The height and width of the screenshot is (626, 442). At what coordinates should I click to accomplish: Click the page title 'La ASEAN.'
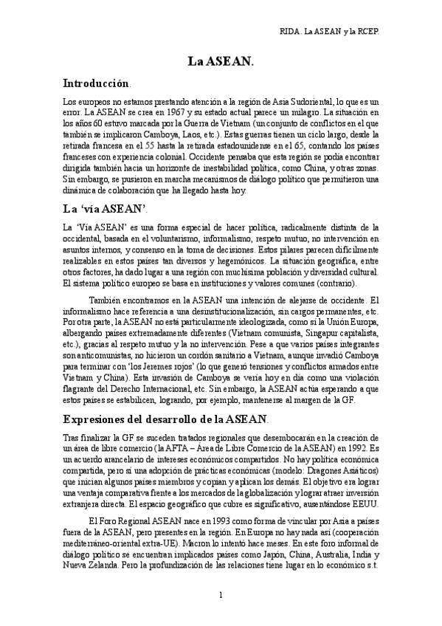pyautogui.click(x=221, y=65)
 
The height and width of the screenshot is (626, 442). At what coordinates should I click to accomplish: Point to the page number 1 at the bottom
pyautogui.click(x=221, y=595)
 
